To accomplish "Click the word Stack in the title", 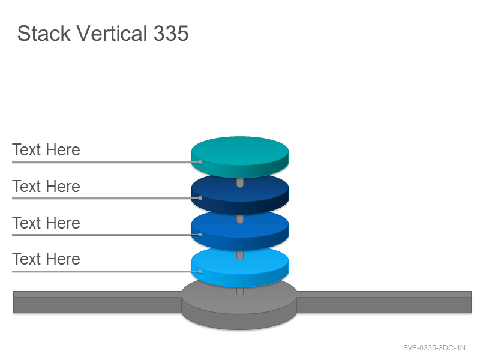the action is pos(44,33).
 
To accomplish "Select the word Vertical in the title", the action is pos(112,33).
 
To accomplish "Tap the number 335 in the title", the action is pos(171,33).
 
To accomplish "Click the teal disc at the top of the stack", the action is pos(239,155).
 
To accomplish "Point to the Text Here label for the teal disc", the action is pos(46,149).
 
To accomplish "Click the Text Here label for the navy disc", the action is pos(46,186).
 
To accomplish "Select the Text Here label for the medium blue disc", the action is pos(46,223).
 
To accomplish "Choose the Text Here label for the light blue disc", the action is pos(46,259).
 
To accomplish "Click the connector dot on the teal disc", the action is pos(200,162).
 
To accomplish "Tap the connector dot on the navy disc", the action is pos(200,198).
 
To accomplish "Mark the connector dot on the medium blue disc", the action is pos(200,235).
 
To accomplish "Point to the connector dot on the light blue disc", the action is pos(200,271).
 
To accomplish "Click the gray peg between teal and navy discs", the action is pos(240,183).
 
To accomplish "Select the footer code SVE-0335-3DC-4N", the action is pos(434,348).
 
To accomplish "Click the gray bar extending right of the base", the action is pos(384,302).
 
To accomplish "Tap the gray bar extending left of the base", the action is pos(98,302).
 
